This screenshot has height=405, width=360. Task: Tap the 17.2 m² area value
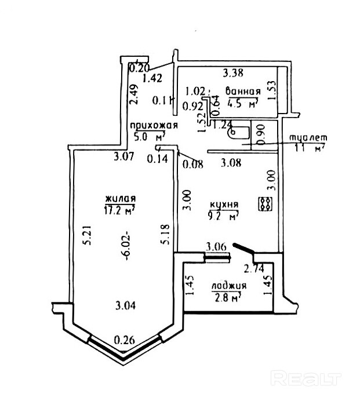pyautogui.click(x=119, y=210)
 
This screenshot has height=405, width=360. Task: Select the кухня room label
pyautogui.click(x=223, y=205)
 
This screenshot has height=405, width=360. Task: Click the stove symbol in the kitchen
pyautogui.click(x=266, y=203)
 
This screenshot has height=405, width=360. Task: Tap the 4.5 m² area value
pyautogui.click(x=243, y=104)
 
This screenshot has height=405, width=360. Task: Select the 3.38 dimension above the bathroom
pyautogui.click(x=233, y=73)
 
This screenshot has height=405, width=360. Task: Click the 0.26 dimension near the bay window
pyautogui.click(x=125, y=340)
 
